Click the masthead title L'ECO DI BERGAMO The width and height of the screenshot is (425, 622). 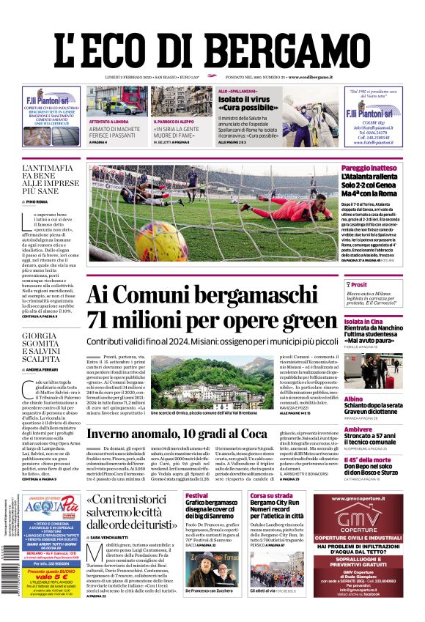tap(212, 42)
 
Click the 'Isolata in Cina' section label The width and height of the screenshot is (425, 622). tap(364, 322)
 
